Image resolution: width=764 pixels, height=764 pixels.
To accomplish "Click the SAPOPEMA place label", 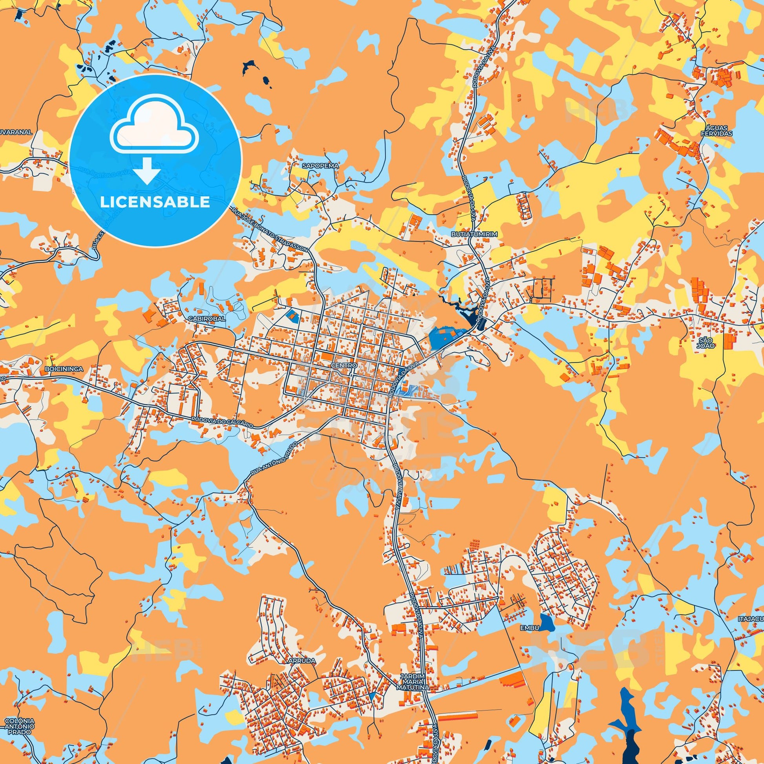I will tap(325, 166).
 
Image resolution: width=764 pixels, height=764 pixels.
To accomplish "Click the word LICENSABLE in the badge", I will tap(155, 202).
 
